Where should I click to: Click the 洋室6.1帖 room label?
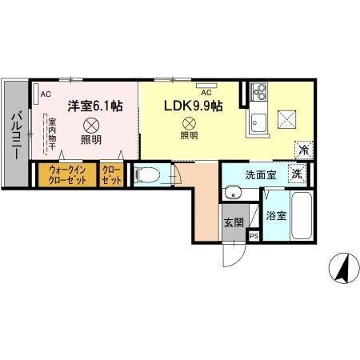coord(94,104)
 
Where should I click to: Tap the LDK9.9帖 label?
coord(194,104)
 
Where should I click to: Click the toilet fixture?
coord(148,174)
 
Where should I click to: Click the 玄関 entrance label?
coord(232,222)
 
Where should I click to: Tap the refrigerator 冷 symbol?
coord(303,149)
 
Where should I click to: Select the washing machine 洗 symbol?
coord(297,173)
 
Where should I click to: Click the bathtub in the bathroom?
coord(301,216)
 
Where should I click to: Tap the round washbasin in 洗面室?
coord(233,192)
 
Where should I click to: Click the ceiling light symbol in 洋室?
coord(90,124)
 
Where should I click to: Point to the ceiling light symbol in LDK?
coord(190,123)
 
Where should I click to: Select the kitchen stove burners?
coord(258,95)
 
